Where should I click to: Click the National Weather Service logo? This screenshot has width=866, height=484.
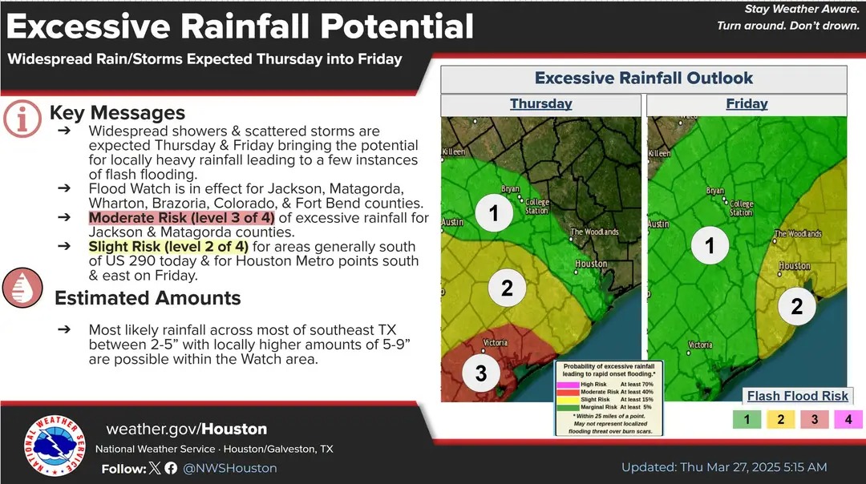point(55,446)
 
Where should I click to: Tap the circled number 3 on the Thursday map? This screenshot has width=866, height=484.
point(481,373)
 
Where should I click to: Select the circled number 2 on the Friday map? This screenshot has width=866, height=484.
point(796,306)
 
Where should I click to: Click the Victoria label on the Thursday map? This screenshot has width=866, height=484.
point(495,343)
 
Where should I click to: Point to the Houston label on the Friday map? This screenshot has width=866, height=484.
point(795,266)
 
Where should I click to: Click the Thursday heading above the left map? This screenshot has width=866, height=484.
point(540,103)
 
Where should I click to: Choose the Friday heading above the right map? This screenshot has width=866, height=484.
point(747,103)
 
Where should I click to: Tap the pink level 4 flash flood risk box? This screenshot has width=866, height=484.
point(848,419)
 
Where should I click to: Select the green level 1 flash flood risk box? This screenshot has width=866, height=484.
point(747,419)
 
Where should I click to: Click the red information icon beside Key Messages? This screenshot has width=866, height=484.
point(22,119)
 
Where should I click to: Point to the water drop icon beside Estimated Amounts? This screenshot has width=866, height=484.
point(22,288)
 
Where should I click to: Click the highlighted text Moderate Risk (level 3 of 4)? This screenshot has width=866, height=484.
point(182,218)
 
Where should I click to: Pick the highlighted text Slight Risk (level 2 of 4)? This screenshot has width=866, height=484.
point(168,247)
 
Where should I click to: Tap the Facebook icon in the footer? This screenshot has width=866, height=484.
point(171,468)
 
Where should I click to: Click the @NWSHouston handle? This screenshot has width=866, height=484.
point(230,468)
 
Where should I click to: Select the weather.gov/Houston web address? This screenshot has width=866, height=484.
point(187,429)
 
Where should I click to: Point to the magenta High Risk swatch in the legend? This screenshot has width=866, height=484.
point(568,384)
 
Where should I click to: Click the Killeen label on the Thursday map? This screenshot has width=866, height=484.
point(453,151)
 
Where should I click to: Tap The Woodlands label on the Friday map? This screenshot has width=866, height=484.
point(798,233)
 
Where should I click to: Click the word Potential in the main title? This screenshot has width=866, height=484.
point(397,26)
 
